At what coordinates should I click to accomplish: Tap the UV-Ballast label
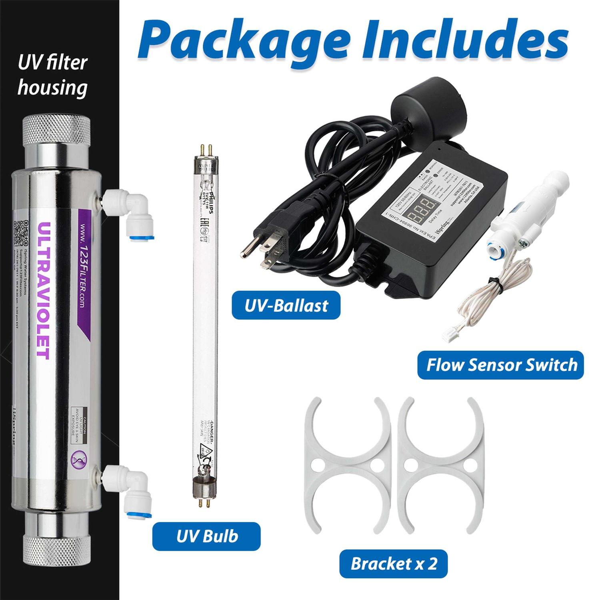tap(286, 306)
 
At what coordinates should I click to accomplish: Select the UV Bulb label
tap(207, 536)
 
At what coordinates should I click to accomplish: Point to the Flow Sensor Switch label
tap(501, 365)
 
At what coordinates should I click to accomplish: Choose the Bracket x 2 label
tap(394, 564)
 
